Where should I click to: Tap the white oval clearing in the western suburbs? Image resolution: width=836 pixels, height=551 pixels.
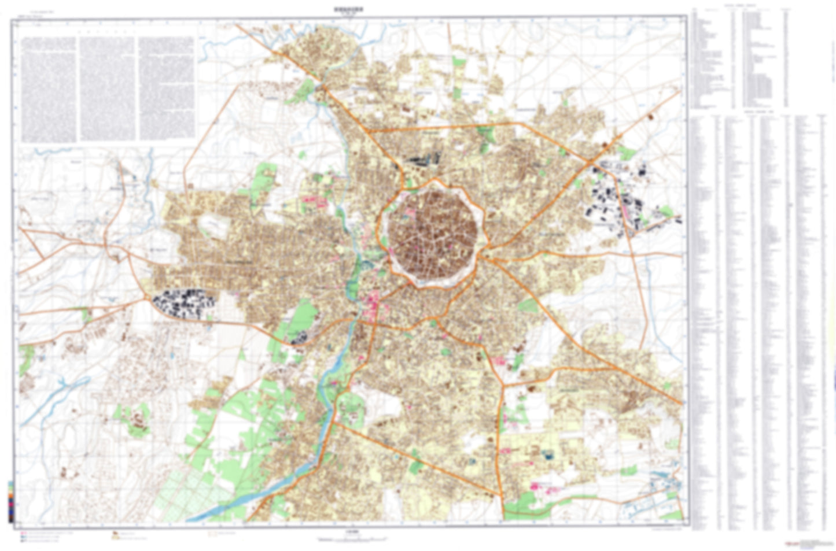pos(212,227)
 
